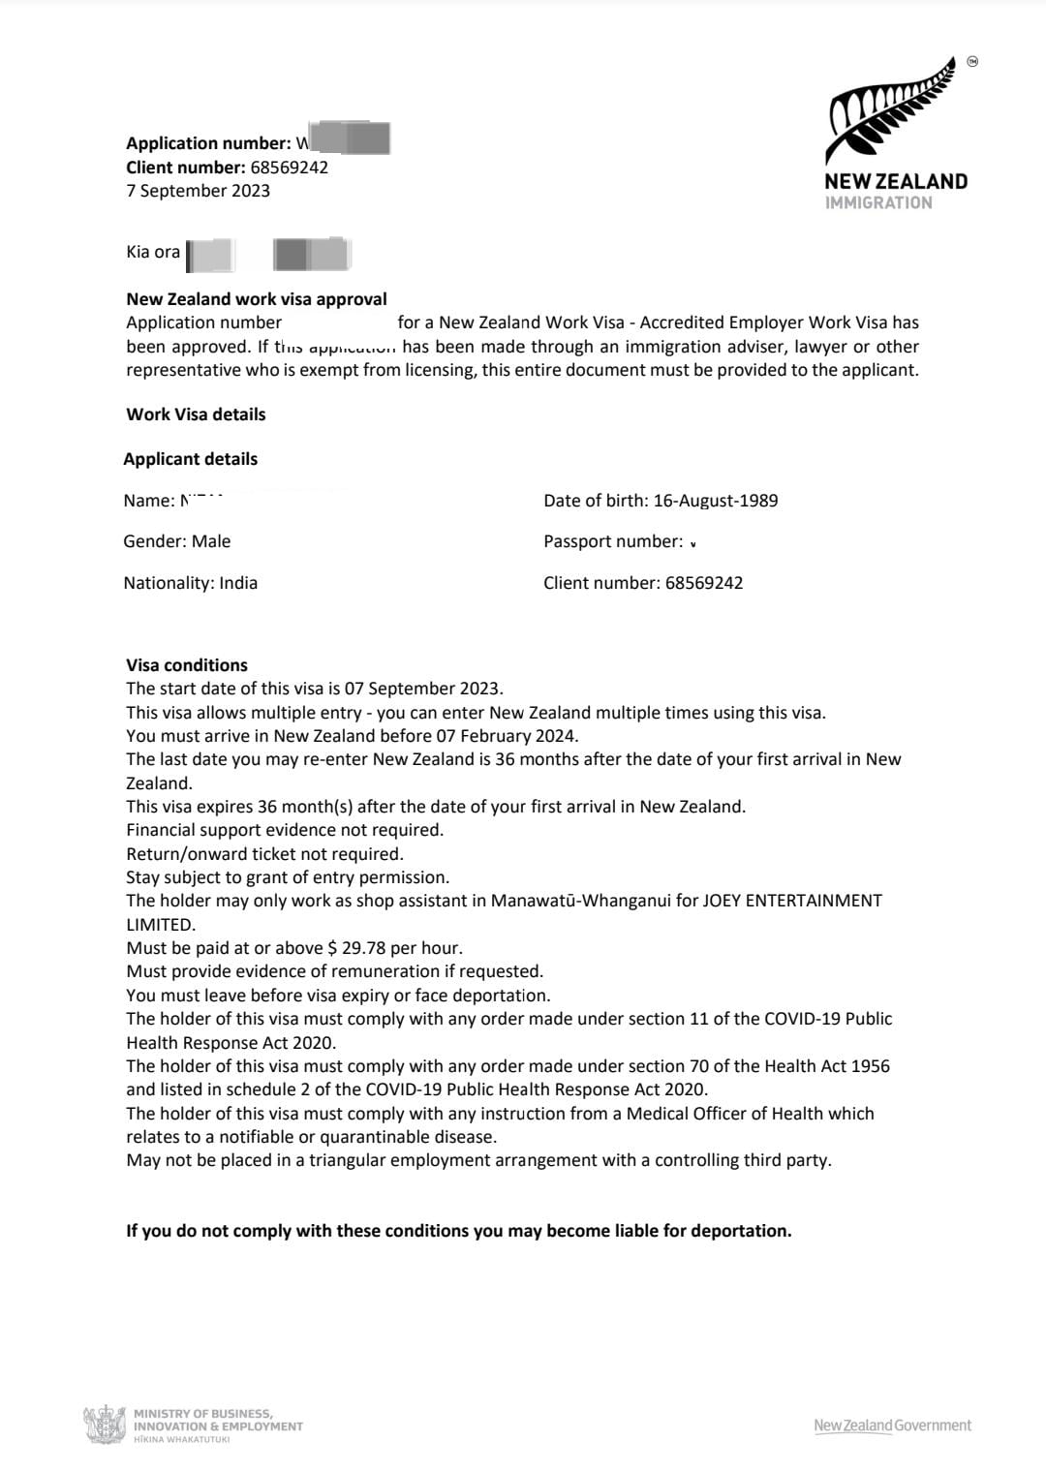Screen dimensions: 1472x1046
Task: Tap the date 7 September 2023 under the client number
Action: [x=198, y=191]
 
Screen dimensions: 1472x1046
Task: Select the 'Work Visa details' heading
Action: [x=196, y=414]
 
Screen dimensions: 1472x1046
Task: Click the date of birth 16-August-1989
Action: [x=715, y=501]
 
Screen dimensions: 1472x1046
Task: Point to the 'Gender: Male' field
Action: [x=177, y=541]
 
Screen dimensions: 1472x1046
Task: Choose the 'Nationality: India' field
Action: [x=191, y=583]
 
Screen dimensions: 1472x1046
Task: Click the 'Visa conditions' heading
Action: [x=187, y=665]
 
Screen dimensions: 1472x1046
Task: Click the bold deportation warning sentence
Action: [x=459, y=1231]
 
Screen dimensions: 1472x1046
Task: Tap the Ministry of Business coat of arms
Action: [x=104, y=1426]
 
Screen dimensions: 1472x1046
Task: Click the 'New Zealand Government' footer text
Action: [x=892, y=1426]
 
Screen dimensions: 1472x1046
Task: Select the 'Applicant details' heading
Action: [x=191, y=459]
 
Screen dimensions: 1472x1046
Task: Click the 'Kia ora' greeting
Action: [x=153, y=252]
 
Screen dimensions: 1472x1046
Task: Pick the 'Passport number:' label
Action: [x=613, y=541]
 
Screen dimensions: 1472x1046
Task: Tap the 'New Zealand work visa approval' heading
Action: [x=257, y=299]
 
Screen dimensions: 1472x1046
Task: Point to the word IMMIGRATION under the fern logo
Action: [x=878, y=202]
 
